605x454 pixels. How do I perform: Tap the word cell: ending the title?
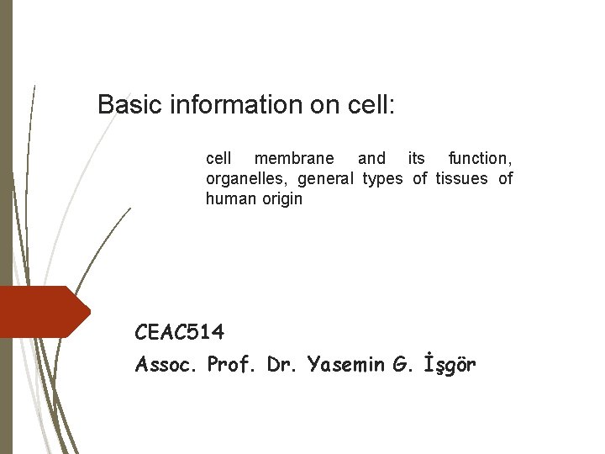[371, 105]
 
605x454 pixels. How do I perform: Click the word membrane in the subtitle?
[293, 158]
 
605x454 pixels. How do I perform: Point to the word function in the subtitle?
[480, 158]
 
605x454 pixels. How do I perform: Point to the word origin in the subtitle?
[281, 199]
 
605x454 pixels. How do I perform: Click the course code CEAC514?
[180, 333]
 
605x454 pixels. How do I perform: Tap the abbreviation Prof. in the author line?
[232, 366]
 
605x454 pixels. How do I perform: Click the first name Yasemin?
[344, 366]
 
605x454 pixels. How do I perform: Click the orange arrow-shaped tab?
[42, 311]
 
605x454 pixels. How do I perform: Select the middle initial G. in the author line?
[402, 366]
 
